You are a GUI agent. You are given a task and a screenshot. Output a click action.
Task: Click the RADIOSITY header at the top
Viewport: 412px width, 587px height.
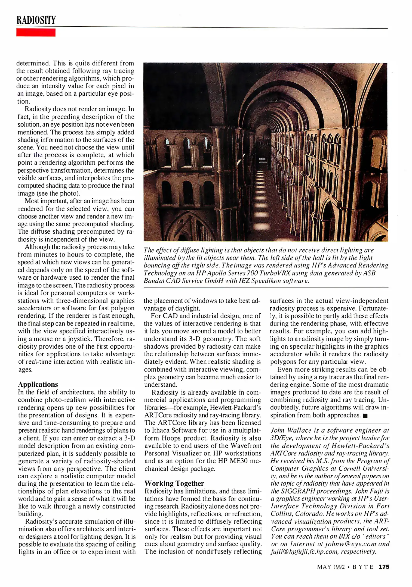pyautogui.click(x=36, y=20)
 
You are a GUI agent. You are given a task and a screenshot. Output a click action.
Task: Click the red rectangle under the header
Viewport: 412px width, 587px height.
pyautogui.click(x=36, y=33)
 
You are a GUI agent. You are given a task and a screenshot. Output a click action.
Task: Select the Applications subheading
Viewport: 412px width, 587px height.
pyautogui.click(x=38, y=384)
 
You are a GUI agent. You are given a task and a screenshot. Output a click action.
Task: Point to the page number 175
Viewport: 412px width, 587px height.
pyautogui.click(x=384, y=567)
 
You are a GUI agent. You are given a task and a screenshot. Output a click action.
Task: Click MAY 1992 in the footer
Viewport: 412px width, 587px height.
pyautogui.click(x=331, y=567)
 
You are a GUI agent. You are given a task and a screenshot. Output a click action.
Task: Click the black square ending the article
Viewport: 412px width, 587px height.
pyautogui.click(x=365, y=416)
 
